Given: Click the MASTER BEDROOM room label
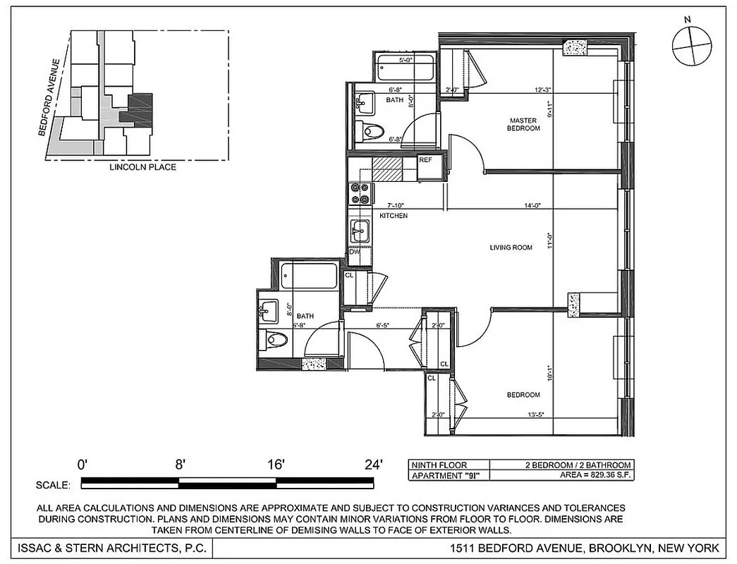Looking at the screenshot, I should [524, 124].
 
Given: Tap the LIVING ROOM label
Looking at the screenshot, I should [511, 247].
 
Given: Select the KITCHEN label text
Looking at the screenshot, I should [394, 215].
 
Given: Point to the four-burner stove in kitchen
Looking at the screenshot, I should [360, 192].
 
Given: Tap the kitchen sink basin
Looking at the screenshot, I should [359, 229].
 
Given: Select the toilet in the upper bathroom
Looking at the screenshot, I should [370, 130].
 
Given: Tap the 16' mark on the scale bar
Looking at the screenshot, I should [276, 465].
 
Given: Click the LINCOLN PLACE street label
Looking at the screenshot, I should [142, 167].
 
